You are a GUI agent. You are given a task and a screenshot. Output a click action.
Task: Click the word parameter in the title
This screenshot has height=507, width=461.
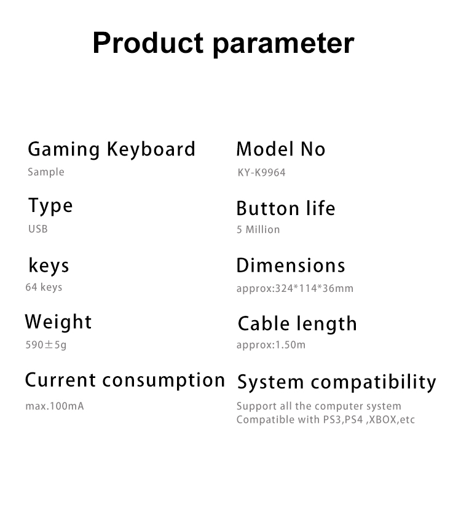(x=283, y=45)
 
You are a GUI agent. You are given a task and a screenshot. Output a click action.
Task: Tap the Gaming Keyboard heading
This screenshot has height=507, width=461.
(x=112, y=150)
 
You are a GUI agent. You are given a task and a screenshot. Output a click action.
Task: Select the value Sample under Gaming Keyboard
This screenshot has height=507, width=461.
(x=46, y=172)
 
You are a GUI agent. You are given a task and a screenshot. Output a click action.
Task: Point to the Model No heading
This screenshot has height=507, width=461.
(x=281, y=149)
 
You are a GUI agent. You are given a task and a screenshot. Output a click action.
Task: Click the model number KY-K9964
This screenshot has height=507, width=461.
(x=261, y=172)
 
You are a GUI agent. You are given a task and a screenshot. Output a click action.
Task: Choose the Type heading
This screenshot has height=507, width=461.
(x=50, y=206)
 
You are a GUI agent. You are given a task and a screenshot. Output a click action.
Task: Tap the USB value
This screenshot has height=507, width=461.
(x=38, y=229)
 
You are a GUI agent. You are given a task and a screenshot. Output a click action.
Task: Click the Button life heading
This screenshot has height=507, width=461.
(x=286, y=208)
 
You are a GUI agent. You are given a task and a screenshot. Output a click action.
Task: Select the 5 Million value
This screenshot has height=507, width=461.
(x=258, y=229)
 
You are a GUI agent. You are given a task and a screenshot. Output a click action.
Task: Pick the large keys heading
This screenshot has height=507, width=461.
(x=49, y=266)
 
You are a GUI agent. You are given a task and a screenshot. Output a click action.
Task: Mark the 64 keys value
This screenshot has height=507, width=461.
(x=44, y=287)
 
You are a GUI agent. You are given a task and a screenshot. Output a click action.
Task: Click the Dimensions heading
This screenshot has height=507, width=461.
(x=291, y=265)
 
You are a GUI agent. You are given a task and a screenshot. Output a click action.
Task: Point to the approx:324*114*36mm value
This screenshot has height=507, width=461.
(x=294, y=288)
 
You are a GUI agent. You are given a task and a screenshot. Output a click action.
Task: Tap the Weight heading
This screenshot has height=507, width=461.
(x=58, y=322)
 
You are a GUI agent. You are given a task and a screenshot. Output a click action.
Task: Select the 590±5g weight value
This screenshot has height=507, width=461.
(x=46, y=345)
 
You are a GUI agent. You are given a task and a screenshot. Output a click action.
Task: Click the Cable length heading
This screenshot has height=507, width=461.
(x=297, y=324)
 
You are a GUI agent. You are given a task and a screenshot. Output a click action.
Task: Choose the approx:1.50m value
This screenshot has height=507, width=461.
(x=271, y=345)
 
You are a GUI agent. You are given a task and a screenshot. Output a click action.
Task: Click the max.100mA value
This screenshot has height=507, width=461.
(x=55, y=406)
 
